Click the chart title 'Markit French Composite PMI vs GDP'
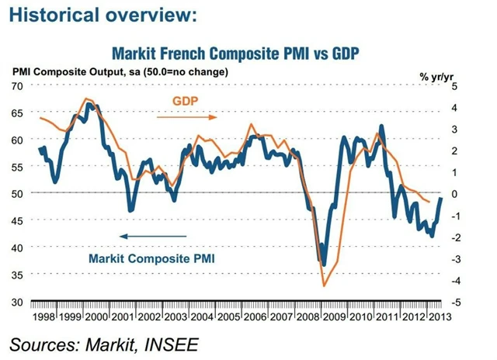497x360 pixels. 248,54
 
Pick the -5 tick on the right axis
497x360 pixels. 461,302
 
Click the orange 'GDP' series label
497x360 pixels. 184,102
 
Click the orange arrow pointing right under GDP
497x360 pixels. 186,117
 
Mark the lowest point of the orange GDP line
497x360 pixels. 325,286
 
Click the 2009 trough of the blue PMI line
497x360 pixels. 324,264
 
